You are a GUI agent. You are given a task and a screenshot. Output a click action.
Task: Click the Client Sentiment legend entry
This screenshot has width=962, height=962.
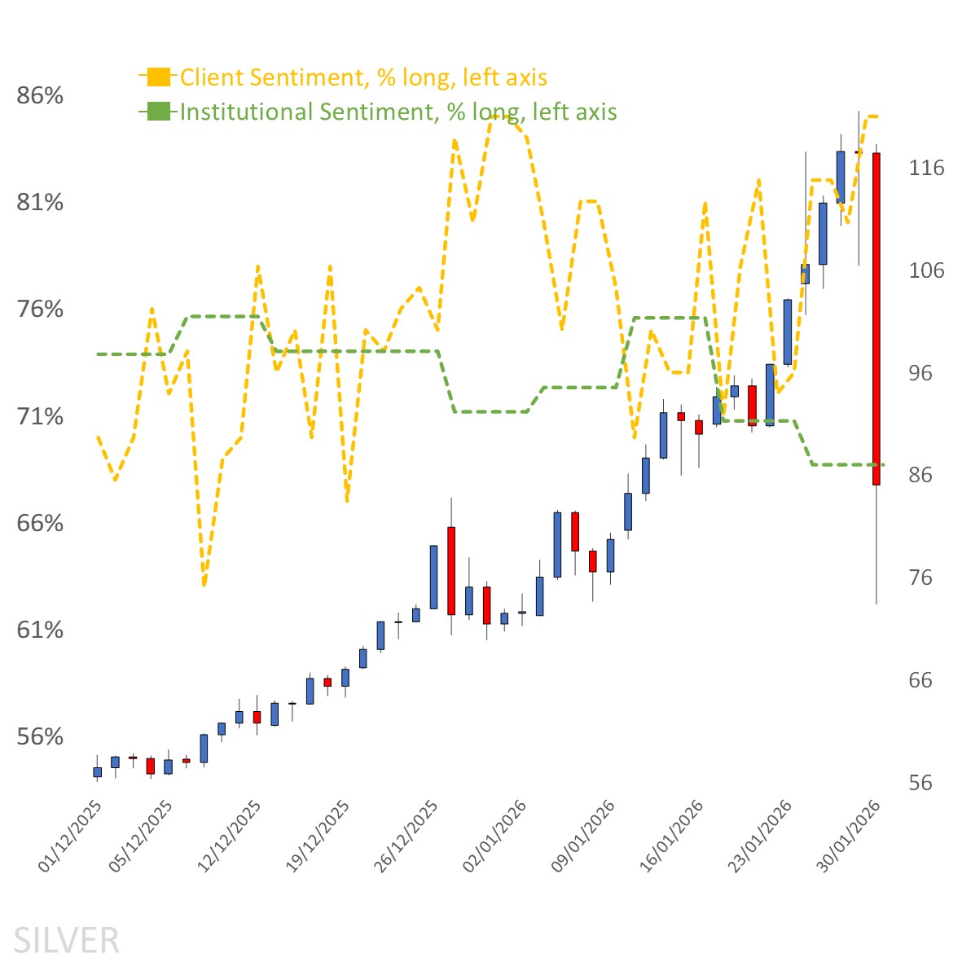coord(362,77)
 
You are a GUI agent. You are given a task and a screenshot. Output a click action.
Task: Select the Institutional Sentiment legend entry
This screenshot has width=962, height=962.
coord(398,112)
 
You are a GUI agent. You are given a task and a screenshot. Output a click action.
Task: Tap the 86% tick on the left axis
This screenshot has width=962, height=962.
coord(40,96)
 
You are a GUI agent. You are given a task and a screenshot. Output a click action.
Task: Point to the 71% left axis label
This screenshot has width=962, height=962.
coord(40,417)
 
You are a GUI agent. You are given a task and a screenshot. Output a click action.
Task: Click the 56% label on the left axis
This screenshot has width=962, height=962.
coord(40,737)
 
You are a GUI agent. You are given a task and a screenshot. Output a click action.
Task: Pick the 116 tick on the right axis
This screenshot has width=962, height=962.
coord(926,168)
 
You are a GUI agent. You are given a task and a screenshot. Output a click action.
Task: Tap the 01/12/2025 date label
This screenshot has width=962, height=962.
coord(72,837)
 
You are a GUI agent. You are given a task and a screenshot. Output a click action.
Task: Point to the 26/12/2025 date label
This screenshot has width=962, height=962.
coord(406,837)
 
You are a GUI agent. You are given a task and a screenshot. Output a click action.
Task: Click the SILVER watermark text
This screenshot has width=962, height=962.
coord(66,940)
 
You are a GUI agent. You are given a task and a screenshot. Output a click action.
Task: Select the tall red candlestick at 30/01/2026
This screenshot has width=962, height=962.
coord(876,318)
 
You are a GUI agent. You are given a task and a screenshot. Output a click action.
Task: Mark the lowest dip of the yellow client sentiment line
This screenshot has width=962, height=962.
coord(204,584)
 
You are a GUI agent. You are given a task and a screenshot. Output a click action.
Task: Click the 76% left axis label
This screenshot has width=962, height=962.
coord(40,310)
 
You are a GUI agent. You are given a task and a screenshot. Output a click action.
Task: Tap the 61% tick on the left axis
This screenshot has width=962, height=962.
coord(40,630)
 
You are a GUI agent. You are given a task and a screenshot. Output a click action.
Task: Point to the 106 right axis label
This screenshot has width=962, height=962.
coord(926,270)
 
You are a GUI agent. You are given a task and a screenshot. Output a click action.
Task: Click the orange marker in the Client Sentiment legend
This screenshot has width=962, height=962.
coord(159,77)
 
